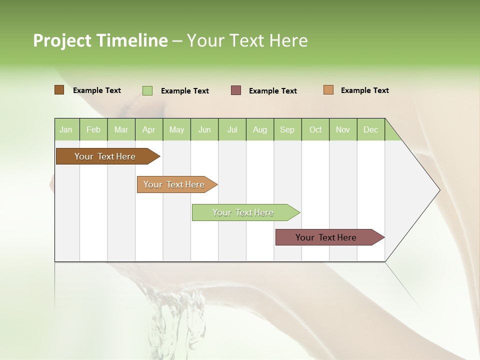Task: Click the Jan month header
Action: coord(66,129)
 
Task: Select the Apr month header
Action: coord(149,129)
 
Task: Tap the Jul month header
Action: coord(232,129)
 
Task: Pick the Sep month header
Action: coord(287,129)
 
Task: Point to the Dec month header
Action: coord(370,129)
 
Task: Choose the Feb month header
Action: coord(93,129)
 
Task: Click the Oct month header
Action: coord(315,129)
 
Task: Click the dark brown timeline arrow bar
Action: coord(105,156)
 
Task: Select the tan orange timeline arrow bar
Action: coord(174,184)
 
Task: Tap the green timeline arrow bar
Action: coord(243,212)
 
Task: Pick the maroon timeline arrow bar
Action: coord(326,237)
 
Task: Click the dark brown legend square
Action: coord(59,90)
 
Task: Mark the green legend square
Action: coord(147,90)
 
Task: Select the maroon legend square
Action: coord(236,90)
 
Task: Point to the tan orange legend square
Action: coord(328,90)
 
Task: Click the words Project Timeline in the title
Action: coord(100,40)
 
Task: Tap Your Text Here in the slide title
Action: coord(247,40)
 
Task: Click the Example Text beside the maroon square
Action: coord(272,91)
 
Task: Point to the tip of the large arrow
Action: coord(438,189)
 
